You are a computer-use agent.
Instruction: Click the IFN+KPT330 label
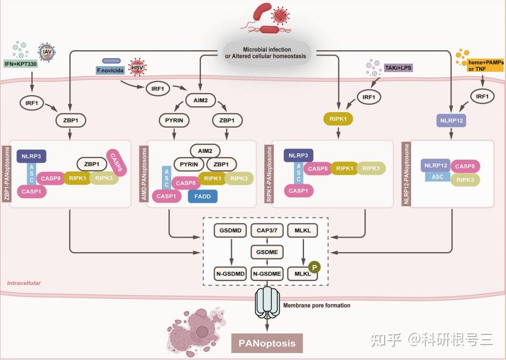pos(21,64)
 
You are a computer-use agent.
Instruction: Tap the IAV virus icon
pos(47,52)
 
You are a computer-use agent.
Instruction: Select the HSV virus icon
pos(137,68)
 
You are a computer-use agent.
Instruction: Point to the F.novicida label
pos(111,71)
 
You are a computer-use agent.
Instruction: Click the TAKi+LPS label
pos(398,68)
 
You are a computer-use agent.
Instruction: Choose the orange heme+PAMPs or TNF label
pos(485,66)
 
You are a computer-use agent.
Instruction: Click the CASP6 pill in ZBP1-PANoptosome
pos(116,162)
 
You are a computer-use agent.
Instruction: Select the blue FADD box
pos(203,196)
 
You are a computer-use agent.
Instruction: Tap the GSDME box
pos(267,252)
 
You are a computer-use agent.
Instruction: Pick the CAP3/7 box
pos(267,230)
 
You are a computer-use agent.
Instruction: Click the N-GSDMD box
pos(230,273)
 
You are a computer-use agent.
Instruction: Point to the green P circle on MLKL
pos(314,267)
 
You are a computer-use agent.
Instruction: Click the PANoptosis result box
pos(267,343)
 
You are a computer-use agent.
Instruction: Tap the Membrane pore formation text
pos(316,305)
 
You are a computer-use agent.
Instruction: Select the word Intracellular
pos(24,283)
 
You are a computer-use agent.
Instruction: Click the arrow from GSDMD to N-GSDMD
pos(231,252)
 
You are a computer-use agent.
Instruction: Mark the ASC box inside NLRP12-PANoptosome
pos(438,177)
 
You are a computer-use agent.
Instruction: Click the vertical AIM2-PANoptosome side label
pos(144,174)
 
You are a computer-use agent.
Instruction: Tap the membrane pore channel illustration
pos(267,303)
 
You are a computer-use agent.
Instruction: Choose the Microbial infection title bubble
pos(267,53)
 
